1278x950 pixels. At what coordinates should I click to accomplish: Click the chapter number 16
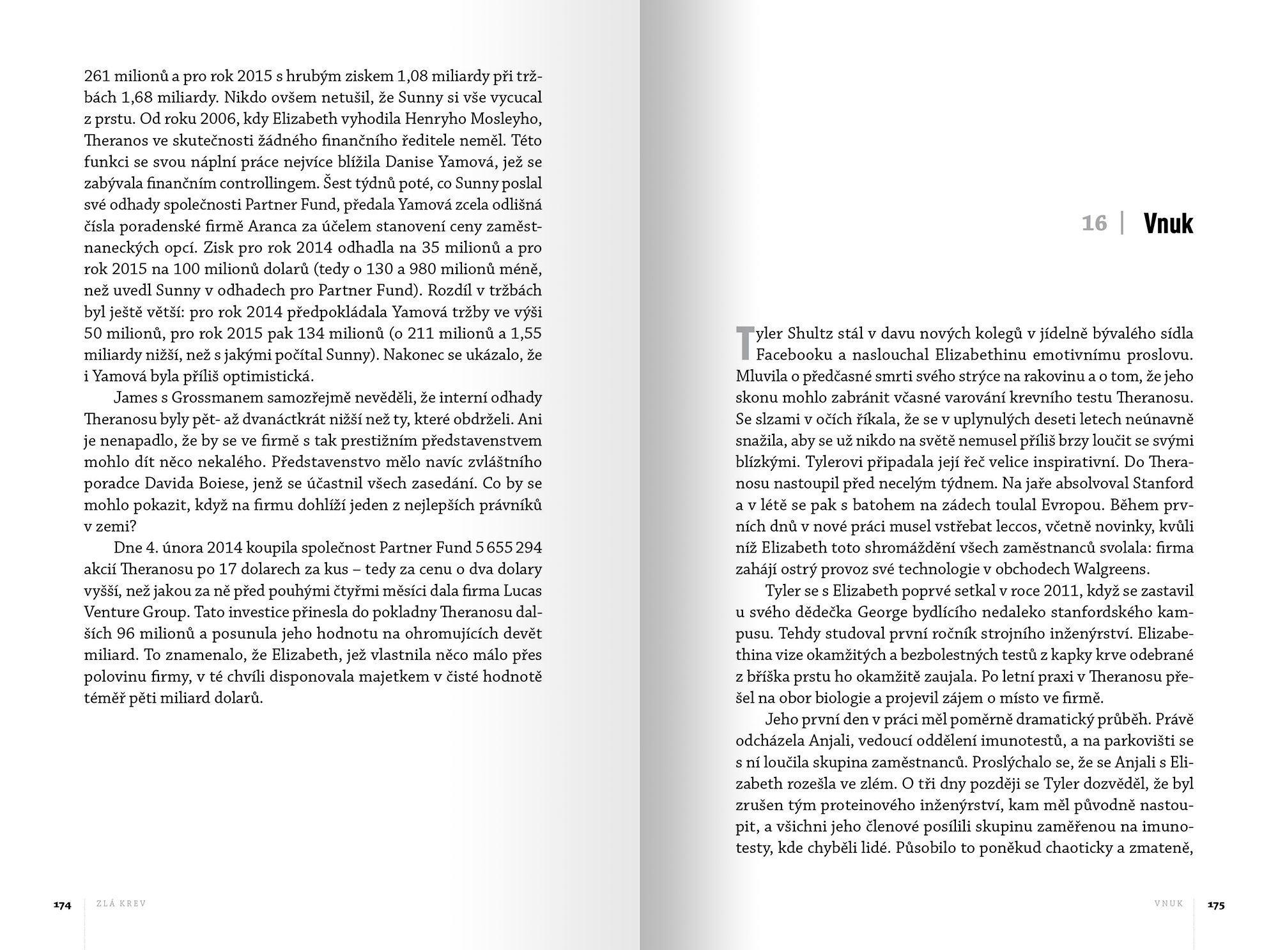(1094, 223)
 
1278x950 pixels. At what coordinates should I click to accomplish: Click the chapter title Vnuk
(1168, 224)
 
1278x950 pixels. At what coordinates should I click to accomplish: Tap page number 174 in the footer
(62, 905)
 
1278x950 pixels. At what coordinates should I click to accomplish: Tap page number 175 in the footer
(1216, 905)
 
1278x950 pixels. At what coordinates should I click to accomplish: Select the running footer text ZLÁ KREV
(121, 904)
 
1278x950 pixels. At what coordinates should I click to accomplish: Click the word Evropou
(1070, 505)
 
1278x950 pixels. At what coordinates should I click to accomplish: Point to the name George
(882, 611)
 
